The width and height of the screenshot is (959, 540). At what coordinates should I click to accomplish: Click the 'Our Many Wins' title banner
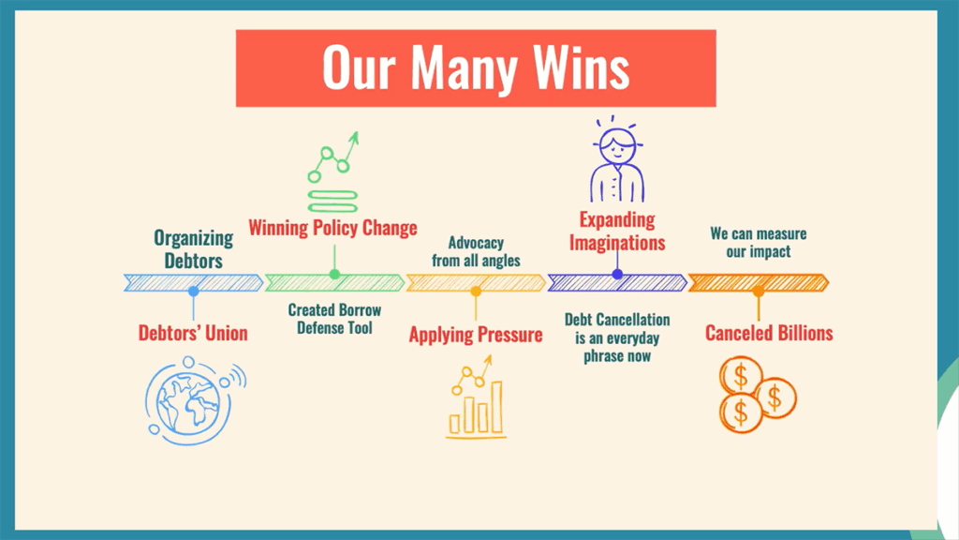476,67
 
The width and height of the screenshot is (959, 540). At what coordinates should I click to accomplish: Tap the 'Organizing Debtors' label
193,249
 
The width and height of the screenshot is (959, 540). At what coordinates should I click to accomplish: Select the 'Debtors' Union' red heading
193,333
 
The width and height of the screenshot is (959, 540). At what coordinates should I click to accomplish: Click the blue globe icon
195,400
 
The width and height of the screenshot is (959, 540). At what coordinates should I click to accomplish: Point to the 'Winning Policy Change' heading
332,228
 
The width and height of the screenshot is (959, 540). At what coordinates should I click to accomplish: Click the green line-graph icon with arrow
332,172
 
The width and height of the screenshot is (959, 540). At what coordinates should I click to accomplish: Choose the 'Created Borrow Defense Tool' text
334,319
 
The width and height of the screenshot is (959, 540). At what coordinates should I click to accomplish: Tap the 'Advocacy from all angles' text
476,251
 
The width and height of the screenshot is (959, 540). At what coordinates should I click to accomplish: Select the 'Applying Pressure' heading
476,335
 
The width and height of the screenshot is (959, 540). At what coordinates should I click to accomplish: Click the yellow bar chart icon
477,397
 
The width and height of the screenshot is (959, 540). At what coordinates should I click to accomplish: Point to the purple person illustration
617,159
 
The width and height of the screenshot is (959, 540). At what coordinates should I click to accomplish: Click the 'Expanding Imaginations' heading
617,232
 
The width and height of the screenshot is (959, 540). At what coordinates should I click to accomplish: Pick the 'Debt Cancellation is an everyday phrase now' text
617,337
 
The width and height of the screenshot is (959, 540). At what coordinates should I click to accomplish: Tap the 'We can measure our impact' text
759,243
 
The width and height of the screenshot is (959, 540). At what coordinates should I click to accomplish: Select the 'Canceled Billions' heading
769,333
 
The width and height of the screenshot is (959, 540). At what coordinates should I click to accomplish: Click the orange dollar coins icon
758,395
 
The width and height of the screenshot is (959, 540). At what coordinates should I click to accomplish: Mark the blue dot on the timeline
193,292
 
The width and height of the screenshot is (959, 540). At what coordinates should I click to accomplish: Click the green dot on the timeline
334,275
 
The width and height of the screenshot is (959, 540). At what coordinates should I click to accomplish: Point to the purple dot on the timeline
617,275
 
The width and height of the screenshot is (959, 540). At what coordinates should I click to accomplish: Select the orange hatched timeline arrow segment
759,283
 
